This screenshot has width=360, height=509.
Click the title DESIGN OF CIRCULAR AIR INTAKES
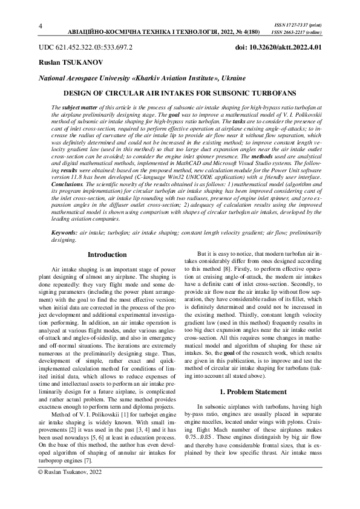tap(180, 93)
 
